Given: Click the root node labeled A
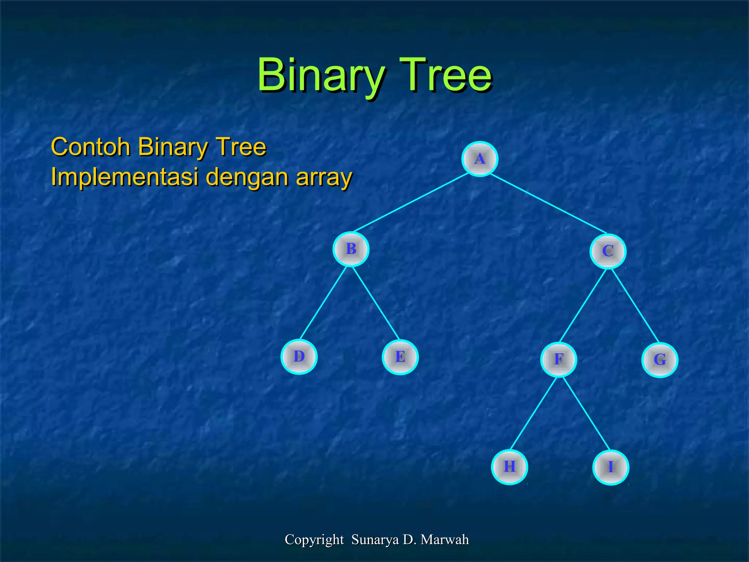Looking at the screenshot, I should [x=479, y=159].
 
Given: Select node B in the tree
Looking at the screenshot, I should [x=351, y=249].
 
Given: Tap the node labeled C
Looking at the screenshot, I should [x=608, y=251].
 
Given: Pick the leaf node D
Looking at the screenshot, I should [x=299, y=357].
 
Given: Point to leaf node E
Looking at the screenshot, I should [x=400, y=357].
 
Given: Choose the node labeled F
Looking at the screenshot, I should [x=558, y=360].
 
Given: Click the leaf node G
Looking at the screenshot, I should [x=660, y=360].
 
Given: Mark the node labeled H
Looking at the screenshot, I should [x=509, y=467].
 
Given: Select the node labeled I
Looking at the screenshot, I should [x=610, y=468].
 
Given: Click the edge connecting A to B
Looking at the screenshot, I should [x=411, y=202].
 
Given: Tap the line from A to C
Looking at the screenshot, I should [x=548, y=203].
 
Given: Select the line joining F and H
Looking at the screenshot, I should [x=533, y=413].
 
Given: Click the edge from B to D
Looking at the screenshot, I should [x=323, y=303].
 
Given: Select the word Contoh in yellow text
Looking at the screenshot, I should [x=91, y=147].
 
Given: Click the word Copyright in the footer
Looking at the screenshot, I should [x=314, y=540].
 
